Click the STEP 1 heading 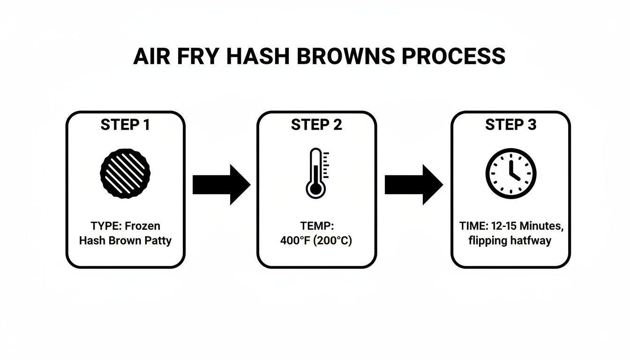coord(125,125)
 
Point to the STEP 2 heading coord(316,125)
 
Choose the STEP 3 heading coord(510,125)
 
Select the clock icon coord(510,173)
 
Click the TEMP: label coord(316,226)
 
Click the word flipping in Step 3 coord(488,241)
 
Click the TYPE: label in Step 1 coord(106,226)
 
